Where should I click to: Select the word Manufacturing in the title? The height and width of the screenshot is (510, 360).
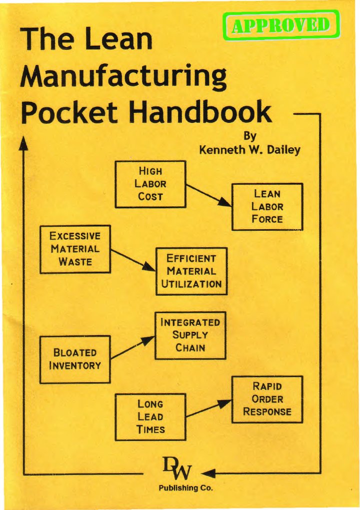[123, 77]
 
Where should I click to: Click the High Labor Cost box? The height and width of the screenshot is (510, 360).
[150, 184]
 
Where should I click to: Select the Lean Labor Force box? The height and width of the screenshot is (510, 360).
[267, 207]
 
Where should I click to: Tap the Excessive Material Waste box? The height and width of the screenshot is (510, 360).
[75, 249]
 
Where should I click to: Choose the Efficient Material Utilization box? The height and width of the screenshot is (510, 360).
[191, 271]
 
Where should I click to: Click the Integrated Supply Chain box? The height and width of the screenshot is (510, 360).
[190, 335]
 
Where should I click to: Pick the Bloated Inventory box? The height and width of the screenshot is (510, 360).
[75, 359]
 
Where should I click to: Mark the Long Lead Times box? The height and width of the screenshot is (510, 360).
[150, 417]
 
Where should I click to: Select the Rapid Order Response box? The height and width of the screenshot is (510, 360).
[267, 399]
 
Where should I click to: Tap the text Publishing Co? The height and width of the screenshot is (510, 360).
[185, 488]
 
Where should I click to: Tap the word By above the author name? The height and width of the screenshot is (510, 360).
[249, 135]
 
